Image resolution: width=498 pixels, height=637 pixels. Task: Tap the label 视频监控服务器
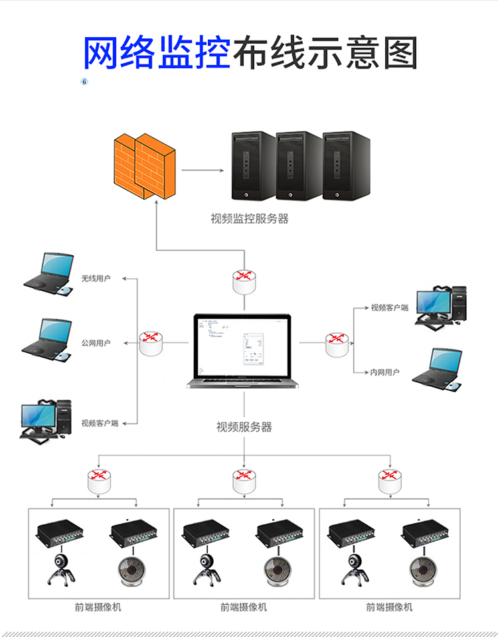click(x=250, y=218)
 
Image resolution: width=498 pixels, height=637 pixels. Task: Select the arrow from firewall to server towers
click(x=203, y=170)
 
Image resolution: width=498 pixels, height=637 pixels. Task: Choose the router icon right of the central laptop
click(x=337, y=343)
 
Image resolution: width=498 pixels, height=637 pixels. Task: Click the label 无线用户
click(x=96, y=279)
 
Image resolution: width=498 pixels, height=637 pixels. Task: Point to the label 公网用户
click(x=96, y=343)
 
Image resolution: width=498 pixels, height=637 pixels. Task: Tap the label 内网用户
click(x=384, y=373)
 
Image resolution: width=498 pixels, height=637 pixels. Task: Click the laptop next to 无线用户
click(x=48, y=273)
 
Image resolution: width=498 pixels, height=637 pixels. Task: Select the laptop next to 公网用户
click(x=46, y=338)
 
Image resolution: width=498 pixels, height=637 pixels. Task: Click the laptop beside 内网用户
click(x=438, y=368)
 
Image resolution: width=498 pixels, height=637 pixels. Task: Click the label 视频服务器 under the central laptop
click(x=244, y=427)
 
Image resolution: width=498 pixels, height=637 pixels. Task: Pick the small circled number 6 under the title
click(x=84, y=82)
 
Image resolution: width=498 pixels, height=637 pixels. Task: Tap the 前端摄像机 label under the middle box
click(x=244, y=607)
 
